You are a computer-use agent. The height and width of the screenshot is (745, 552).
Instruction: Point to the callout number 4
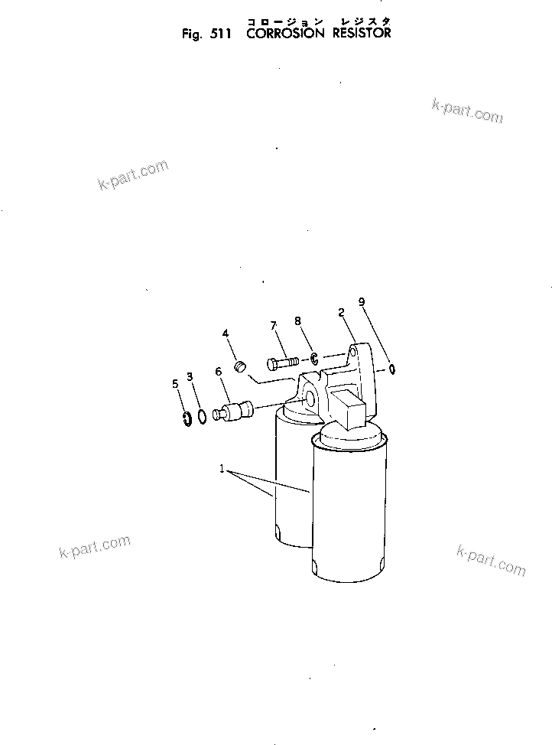coord(226,333)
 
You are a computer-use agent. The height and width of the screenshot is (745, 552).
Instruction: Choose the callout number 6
coord(219,372)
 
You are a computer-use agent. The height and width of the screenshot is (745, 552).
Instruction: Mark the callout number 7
coord(274,327)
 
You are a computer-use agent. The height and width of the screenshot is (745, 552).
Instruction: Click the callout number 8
coord(297,322)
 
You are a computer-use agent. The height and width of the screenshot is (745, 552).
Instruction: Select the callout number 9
coord(363,303)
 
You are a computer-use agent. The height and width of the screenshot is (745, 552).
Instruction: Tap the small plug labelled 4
coord(239,365)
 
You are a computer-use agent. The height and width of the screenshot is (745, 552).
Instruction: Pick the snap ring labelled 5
coord(187,418)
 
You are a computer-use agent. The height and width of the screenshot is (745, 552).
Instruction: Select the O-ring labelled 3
coord(201,417)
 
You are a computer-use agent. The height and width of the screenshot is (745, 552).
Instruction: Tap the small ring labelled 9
coord(391,369)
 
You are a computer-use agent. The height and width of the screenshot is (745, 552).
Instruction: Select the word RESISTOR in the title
coord(361,33)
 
